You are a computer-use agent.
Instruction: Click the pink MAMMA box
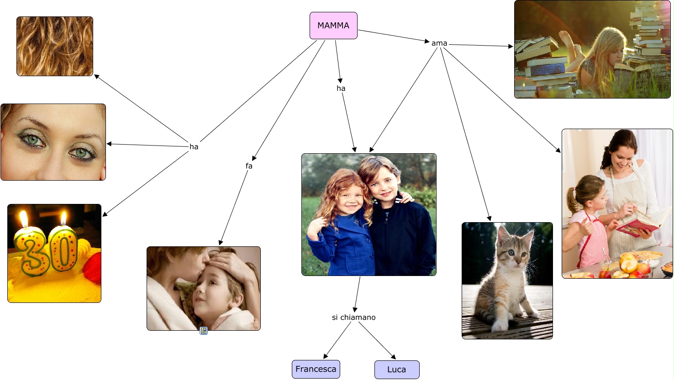[333, 26]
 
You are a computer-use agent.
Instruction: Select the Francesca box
[316, 369]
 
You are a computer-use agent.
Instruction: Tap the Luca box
[396, 370]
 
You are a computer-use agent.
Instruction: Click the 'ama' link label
[439, 43]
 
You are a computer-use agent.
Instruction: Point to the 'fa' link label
[249, 166]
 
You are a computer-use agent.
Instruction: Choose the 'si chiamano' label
[353, 318]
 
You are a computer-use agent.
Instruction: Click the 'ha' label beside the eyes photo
[194, 147]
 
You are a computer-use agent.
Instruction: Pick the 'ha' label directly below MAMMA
[341, 88]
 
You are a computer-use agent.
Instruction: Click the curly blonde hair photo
[55, 46]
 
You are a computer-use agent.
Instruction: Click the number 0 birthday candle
[63, 249]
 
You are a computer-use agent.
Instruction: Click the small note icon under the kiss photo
[204, 331]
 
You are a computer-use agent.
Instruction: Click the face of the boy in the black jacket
[383, 181]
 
